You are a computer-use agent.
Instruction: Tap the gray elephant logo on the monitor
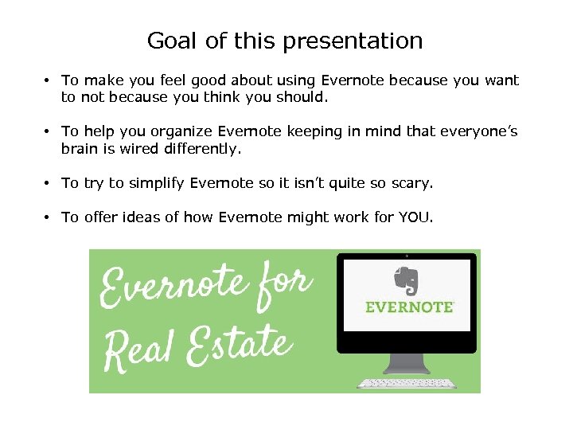point(407,281)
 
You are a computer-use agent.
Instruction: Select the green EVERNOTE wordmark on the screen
point(409,307)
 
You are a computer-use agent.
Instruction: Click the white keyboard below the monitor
point(407,384)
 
